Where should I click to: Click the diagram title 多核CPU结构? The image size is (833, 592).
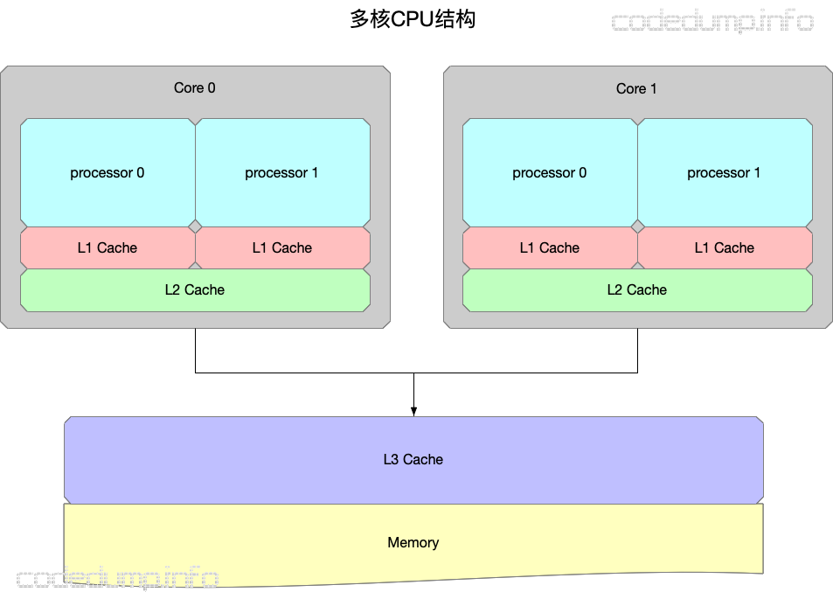pyautogui.click(x=413, y=19)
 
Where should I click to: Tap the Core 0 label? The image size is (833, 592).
pyautogui.click(x=195, y=87)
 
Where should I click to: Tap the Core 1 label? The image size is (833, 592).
pyautogui.click(x=636, y=88)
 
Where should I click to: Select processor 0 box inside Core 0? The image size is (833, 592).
pyautogui.click(x=108, y=172)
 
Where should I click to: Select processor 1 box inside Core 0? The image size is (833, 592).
pyautogui.click(x=281, y=172)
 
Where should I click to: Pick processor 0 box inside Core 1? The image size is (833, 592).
pyautogui.click(x=549, y=172)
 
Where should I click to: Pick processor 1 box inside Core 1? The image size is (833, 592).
pyautogui.click(x=724, y=172)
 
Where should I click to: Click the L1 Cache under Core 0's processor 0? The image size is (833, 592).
pyautogui.click(x=108, y=247)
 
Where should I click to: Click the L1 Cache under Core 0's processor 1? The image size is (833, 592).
pyautogui.click(x=281, y=247)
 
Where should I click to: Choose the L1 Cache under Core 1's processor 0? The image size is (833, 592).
pyautogui.click(x=549, y=247)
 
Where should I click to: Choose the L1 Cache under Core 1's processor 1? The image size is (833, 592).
pyautogui.click(x=724, y=247)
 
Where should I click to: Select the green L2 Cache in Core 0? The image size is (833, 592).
pyautogui.click(x=195, y=289)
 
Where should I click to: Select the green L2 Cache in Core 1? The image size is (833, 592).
pyautogui.click(x=636, y=289)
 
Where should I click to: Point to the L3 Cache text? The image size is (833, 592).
pyautogui.click(x=413, y=459)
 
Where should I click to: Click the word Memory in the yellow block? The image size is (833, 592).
pyautogui.click(x=413, y=542)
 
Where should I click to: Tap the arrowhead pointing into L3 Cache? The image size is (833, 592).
pyautogui.click(x=413, y=410)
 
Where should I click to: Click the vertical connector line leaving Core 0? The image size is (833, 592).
pyautogui.click(x=195, y=350)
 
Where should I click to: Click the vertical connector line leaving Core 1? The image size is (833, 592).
pyautogui.click(x=637, y=350)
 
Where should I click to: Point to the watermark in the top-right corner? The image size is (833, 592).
pyautogui.click(x=712, y=22)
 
